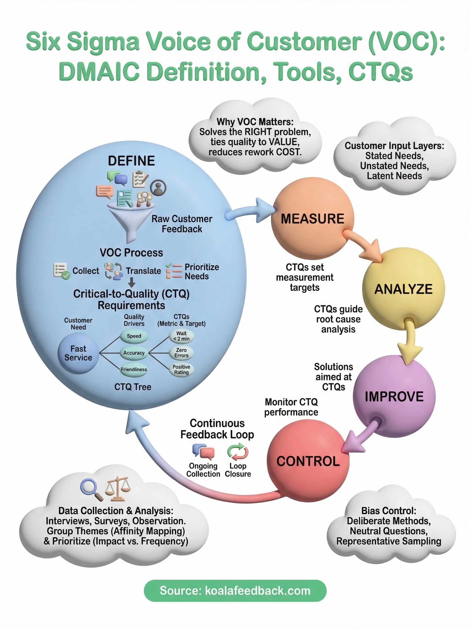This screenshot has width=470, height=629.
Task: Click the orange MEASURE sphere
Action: click(312, 219)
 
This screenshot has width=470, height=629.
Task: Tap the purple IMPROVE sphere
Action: click(394, 397)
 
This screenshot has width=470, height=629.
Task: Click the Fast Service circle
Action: click(78, 353)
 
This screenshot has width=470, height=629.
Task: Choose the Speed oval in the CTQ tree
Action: click(134, 336)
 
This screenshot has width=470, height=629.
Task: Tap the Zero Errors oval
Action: click(181, 353)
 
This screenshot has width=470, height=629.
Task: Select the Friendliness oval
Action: click(134, 370)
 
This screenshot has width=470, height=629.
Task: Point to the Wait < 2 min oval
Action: click(181, 336)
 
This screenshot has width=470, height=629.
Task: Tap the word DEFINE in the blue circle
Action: click(131, 161)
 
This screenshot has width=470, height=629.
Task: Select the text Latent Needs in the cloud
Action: click(394, 176)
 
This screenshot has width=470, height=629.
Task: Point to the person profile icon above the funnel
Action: click(158, 188)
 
